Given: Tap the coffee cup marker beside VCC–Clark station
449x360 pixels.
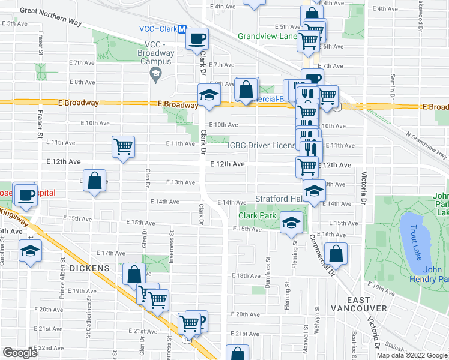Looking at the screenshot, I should (197, 39).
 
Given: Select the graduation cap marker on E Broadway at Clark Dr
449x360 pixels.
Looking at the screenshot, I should (209, 95).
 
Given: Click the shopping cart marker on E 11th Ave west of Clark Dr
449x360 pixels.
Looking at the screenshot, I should (123, 146).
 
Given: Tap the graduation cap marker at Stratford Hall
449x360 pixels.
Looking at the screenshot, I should (313, 191).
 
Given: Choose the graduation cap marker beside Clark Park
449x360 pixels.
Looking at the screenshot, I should (292, 223).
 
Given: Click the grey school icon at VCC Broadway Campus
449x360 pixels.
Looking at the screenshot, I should (155, 73).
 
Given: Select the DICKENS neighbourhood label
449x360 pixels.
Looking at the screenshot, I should (89, 268).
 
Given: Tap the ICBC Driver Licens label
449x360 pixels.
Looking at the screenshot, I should (261, 145).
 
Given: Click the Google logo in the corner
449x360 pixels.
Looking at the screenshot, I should (20, 352).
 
